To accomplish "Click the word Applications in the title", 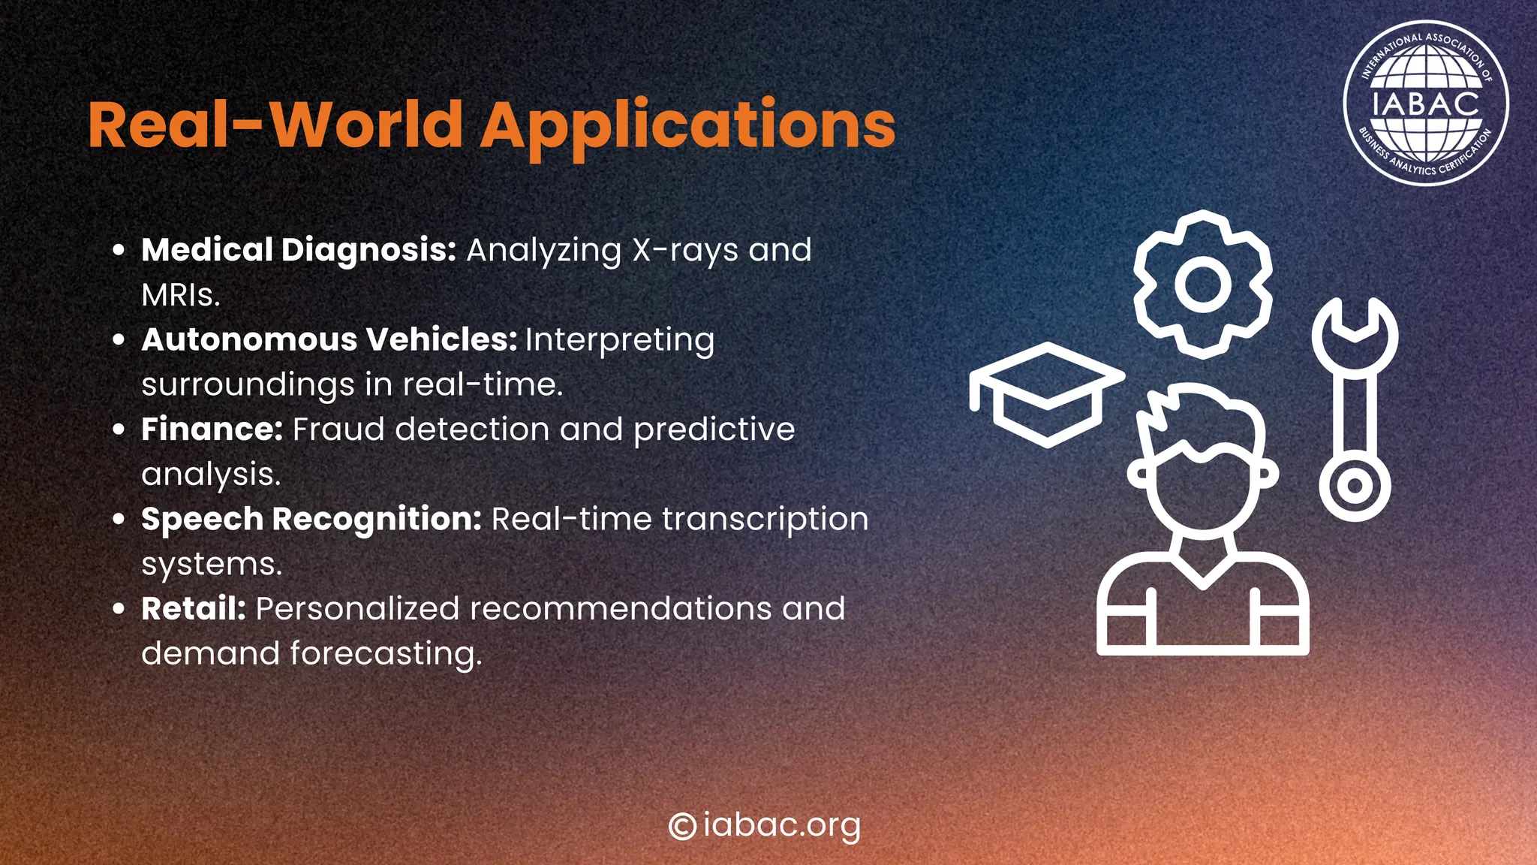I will (x=687, y=125).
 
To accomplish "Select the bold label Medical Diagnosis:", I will (x=299, y=250).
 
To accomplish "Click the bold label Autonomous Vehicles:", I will (x=329, y=339).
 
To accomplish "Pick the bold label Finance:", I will (x=212, y=429).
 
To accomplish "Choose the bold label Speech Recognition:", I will (x=311, y=519).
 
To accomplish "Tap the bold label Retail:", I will (x=194, y=608).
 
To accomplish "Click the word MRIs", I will (x=180, y=295).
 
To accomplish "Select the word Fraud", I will (x=338, y=429).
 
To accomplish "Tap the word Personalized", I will (x=357, y=608).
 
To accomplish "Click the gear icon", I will (x=1202, y=285).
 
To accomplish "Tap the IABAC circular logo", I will (x=1424, y=103).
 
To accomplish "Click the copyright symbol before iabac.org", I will (x=682, y=826).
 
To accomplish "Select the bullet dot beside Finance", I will (x=118, y=429).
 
